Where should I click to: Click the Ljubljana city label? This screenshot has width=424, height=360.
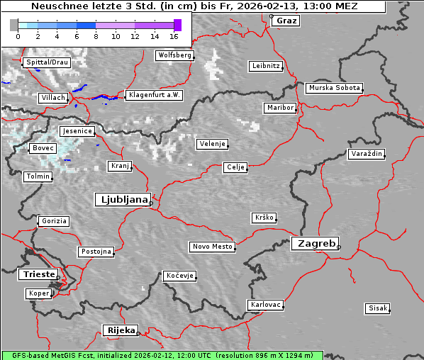[122, 200]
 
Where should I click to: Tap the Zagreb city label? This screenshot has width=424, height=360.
[314, 244]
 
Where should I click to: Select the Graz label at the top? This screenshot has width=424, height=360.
[287, 21]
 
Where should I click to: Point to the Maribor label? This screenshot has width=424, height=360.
[279, 108]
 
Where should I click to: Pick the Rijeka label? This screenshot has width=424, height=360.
[121, 330]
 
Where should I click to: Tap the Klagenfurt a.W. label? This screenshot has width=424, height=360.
[154, 95]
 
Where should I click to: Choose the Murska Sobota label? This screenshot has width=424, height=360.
[334, 88]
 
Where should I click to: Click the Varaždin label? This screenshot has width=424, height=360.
[366, 154]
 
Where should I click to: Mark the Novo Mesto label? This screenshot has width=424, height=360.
[212, 247]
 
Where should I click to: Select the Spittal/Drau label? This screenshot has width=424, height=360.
[47, 62]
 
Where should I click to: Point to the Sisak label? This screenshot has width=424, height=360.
[377, 308]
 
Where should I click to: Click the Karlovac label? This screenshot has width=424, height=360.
[266, 305]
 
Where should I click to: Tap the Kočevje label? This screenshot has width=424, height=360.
[179, 276]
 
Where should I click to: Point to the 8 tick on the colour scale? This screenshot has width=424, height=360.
[96, 36]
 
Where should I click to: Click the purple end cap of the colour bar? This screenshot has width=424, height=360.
[177, 25]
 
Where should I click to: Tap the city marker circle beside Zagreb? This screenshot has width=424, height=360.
[339, 247]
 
